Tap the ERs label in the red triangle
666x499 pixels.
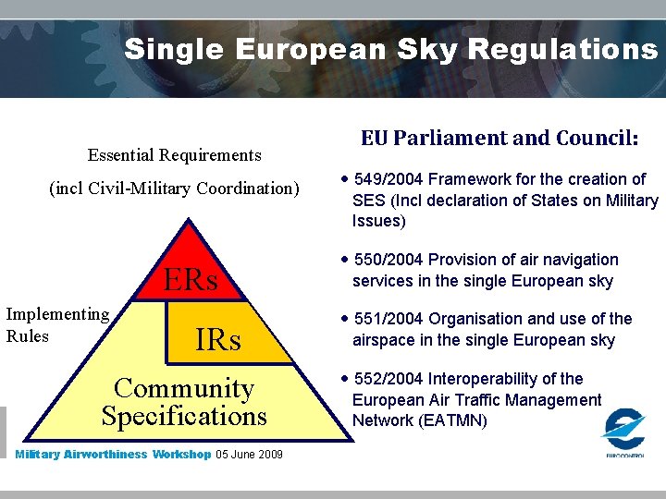pos(191,280)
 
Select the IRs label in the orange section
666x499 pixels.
pos(218,340)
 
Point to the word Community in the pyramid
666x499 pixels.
pos(183,388)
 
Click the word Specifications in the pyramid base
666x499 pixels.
pos(184,416)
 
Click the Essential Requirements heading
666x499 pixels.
pos(174,155)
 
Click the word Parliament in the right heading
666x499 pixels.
pos(450,139)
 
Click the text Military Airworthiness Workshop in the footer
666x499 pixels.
pos(113,455)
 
